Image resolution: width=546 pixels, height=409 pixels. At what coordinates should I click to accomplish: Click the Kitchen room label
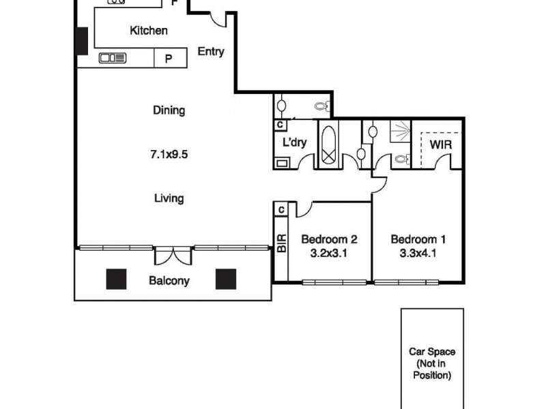coord(149,31)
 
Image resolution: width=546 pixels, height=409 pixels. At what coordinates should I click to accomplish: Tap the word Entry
coord(210,52)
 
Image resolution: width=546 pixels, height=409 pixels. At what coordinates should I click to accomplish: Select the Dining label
coord(169,110)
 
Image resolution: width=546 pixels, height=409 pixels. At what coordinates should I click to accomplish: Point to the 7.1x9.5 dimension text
coord(169,154)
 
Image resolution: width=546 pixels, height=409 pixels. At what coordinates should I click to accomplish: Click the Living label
coord(169,198)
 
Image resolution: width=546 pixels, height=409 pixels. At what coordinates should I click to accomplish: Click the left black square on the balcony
coord(116,279)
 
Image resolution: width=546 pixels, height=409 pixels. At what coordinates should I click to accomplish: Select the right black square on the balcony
coord(226,279)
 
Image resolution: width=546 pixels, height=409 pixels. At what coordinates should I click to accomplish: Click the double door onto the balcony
coord(173,256)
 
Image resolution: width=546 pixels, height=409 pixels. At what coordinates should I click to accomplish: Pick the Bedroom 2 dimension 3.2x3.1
coord(329,253)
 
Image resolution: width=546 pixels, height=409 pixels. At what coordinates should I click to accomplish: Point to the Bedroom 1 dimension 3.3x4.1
coord(418,253)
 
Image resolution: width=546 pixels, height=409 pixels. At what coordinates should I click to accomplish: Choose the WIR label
coord(440,145)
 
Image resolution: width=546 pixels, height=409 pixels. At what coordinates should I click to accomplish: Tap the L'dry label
coord(294,142)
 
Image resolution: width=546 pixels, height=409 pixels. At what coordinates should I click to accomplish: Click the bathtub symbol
coord(329,145)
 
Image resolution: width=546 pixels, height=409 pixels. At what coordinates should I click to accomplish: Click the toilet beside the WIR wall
coord(401,161)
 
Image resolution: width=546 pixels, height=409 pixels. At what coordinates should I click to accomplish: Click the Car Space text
coord(431,352)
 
